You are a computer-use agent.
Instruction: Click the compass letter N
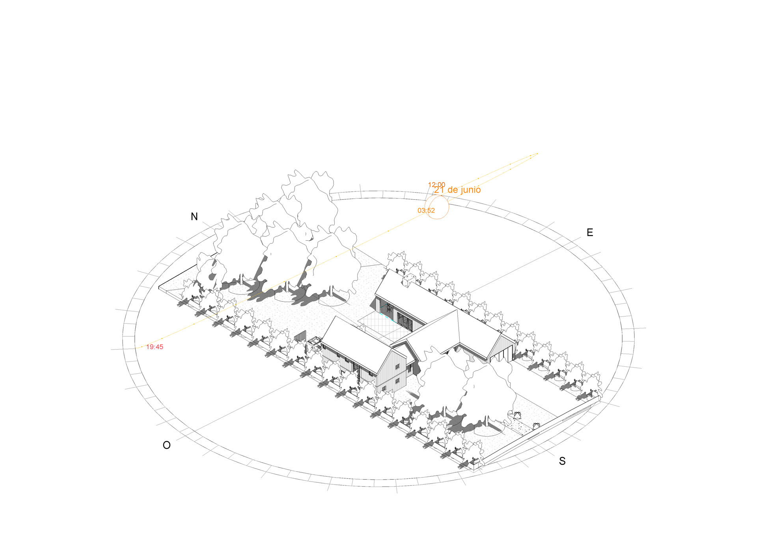(194, 216)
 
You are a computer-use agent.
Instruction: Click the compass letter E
(590, 232)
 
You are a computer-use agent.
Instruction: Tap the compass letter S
(562, 461)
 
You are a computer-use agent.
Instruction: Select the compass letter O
(167, 445)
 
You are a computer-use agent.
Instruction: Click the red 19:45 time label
(155, 347)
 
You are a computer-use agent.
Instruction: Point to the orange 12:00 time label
(436, 185)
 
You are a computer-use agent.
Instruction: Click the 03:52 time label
(426, 210)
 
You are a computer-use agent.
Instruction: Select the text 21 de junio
(458, 190)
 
